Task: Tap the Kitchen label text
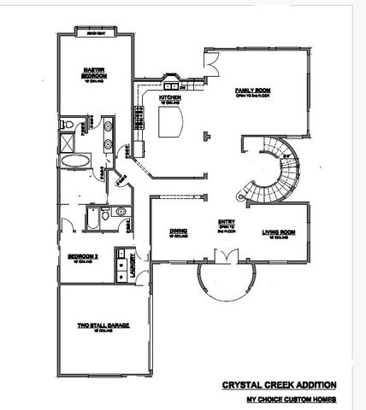[169, 98]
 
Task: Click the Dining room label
[178, 231]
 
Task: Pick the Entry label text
[226, 221]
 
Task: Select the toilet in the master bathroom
[89, 130]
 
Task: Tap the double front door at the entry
[226, 255]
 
